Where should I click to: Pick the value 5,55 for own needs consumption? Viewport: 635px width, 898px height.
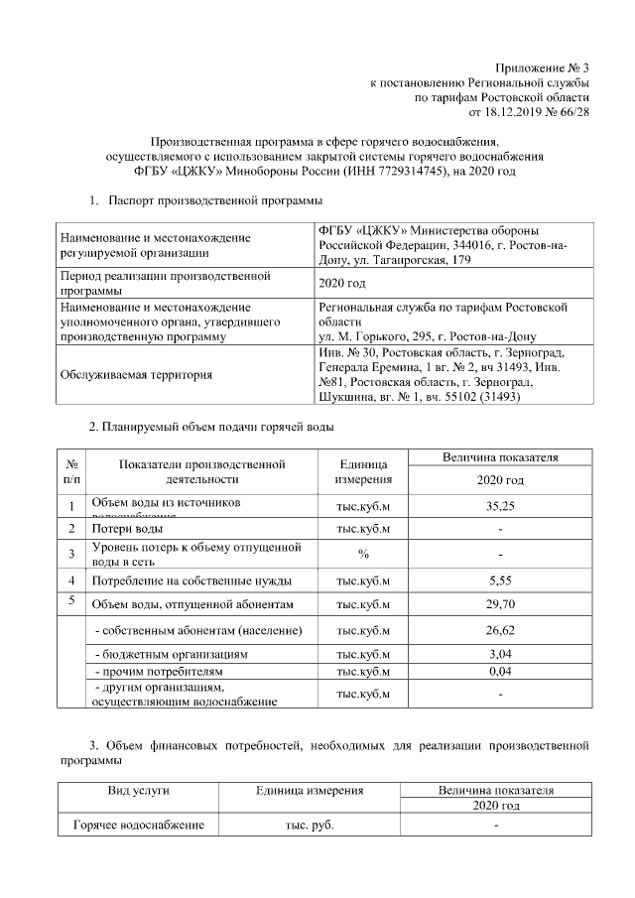click(x=500, y=579)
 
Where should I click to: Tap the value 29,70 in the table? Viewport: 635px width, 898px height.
click(x=500, y=603)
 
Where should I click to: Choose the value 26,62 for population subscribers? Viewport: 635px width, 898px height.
click(x=500, y=631)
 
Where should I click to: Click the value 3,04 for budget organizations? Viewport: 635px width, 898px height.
click(x=500, y=655)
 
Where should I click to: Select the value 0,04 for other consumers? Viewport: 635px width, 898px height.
click(x=500, y=672)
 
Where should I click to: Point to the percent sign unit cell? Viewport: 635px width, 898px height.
click(x=363, y=554)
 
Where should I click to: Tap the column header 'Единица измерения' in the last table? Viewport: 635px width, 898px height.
click(x=309, y=791)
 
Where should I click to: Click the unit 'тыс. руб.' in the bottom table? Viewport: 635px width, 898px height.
click(x=309, y=826)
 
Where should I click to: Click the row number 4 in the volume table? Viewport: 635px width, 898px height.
click(x=71, y=579)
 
